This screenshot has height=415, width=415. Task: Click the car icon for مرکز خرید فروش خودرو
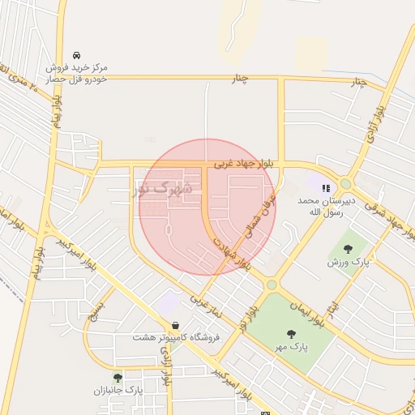click(76, 54)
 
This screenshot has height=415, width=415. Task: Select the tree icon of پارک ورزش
click(348, 249)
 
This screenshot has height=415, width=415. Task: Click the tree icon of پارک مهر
click(290, 333)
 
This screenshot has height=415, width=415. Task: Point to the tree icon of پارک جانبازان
click(118, 377)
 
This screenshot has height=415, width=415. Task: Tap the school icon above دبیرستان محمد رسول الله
click(326, 188)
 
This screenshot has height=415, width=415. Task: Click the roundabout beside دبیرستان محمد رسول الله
click(346, 183)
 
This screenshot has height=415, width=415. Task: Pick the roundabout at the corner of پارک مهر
click(272, 285)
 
